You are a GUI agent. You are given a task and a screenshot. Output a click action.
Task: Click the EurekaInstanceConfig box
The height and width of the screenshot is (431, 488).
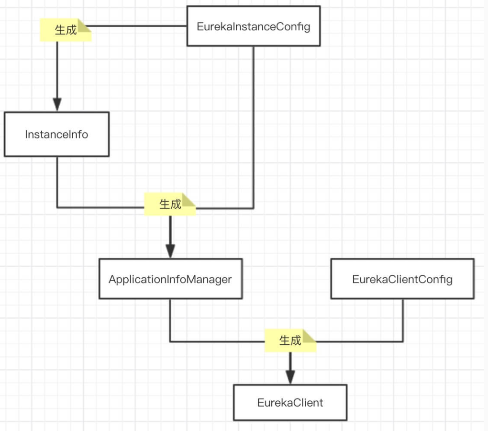coord(253,26)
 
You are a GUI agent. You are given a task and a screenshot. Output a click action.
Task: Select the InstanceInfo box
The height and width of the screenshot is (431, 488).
coord(56,134)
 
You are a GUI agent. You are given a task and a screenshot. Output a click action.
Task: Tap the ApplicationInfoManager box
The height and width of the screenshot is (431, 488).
coord(170,279)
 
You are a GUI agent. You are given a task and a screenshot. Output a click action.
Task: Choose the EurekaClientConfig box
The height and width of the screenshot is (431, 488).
coord(402,279)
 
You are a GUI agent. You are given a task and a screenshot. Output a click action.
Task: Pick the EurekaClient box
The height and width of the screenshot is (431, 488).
coord(290,402)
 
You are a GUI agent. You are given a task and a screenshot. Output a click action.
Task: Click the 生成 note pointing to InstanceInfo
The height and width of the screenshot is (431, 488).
coord(65,30)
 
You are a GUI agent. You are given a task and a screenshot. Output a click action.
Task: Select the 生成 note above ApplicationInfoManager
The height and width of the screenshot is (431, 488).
coord(169,204)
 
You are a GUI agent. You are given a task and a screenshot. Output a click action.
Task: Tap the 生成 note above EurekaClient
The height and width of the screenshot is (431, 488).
coord(290,340)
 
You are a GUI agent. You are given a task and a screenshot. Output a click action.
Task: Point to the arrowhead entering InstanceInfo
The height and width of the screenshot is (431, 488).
coord(57,104)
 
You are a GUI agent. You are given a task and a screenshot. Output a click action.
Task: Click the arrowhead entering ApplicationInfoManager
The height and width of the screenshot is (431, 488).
coord(170,250)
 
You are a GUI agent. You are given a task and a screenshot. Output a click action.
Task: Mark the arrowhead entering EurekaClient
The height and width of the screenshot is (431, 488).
coord(290,376)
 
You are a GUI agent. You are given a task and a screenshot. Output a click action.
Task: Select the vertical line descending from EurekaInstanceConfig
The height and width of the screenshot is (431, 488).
coord(253,125)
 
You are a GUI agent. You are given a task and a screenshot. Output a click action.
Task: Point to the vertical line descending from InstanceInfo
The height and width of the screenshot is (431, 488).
coord(57,182)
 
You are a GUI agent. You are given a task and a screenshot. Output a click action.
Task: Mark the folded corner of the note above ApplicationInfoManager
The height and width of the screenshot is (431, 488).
coord(190,199)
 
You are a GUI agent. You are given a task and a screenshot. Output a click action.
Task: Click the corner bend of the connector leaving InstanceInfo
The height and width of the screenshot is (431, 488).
coord(57,207)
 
